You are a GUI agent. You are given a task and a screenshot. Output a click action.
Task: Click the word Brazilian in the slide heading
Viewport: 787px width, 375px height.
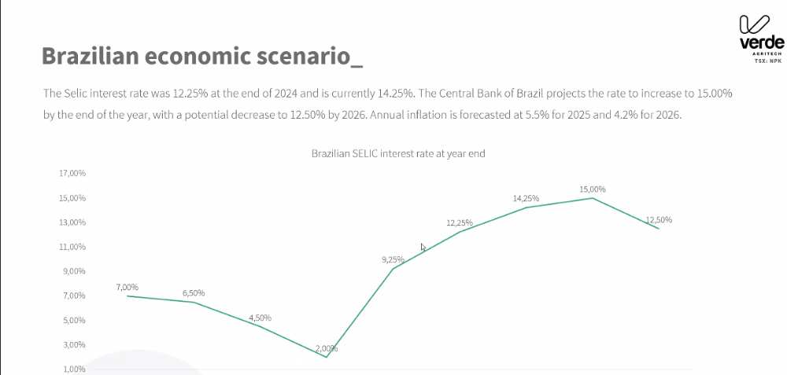tap(98, 56)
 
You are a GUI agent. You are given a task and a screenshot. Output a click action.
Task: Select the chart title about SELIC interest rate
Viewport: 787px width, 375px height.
tap(398, 154)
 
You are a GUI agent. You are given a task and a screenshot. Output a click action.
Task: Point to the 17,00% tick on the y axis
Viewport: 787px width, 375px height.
tap(72, 174)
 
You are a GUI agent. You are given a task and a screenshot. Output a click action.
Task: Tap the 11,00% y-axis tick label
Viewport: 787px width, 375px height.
tap(72, 247)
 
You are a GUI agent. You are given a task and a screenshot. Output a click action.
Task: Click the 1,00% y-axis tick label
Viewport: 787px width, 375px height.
tap(72, 369)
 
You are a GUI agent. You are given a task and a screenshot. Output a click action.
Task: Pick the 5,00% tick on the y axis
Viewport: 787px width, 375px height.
tap(72, 320)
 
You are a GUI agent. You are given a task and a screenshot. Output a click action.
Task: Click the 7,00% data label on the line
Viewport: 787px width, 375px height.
tap(127, 287)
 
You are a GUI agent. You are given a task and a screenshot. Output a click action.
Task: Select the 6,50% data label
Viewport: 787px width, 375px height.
tap(194, 293)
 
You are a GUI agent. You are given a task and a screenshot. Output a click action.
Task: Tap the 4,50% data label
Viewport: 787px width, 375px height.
tap(260, 318)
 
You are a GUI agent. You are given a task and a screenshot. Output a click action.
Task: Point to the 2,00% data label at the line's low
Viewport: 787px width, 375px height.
tap(326, 348)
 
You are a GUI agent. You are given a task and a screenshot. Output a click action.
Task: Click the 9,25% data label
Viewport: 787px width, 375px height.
tap(392, 259)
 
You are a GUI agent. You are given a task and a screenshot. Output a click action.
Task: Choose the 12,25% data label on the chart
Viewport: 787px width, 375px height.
tap(458, 222)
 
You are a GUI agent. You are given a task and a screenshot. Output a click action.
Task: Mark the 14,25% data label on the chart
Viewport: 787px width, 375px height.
tap(526, 199)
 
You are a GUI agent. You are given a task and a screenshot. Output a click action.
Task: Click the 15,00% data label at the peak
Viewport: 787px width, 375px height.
tap(593, 189)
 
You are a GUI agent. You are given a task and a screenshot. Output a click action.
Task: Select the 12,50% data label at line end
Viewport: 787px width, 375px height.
tap(659, 220)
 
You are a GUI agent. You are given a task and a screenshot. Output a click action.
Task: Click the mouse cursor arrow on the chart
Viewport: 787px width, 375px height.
tap(423, 248)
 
